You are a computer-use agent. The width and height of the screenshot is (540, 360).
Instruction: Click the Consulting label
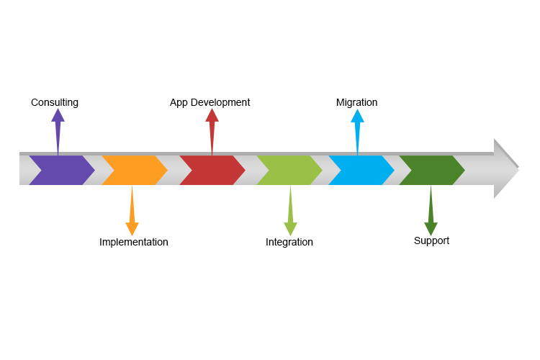[55, 102]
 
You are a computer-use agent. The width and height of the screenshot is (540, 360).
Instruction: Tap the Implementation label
[134, 242]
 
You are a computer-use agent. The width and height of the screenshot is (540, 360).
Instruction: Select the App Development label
[210, 102]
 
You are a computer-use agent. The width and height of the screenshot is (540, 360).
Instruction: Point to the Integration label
[289, 242]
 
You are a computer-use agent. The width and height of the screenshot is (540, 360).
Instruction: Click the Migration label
[356, 102]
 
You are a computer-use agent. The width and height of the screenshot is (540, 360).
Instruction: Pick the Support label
[431, 240]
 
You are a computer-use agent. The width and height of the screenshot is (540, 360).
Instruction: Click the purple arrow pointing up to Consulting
[58, 130]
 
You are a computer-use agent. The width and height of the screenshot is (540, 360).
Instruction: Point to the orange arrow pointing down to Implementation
[132, 212]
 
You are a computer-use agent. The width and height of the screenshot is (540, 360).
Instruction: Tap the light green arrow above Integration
[290, 212]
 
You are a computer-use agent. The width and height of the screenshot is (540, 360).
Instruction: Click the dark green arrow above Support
[431, 212]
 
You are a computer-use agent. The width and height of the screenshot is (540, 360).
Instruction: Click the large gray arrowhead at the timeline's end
[505, 169]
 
